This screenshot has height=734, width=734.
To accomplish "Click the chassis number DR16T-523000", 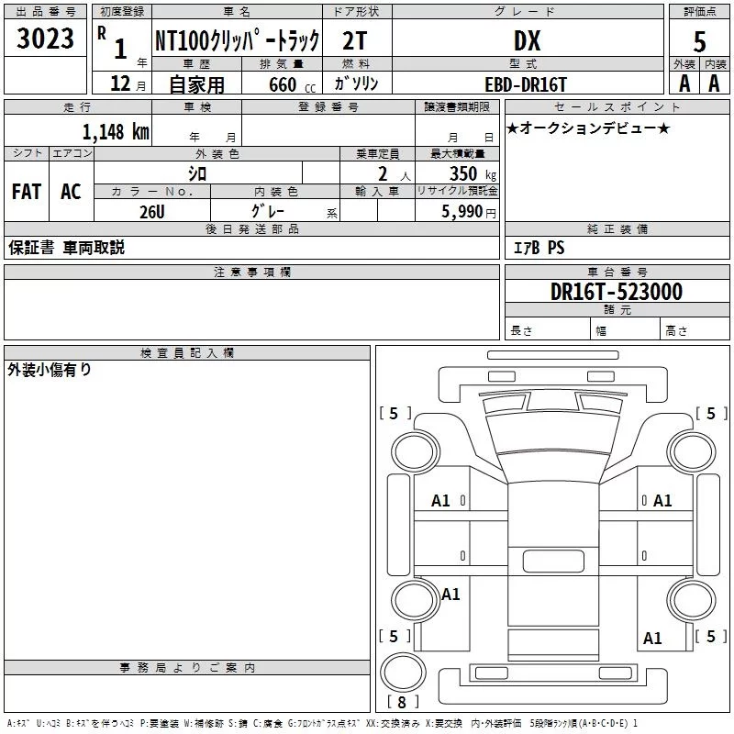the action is coord(616,292).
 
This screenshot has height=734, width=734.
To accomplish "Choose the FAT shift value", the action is coord(26,192).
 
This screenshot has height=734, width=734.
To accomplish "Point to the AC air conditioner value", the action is coord(71,192).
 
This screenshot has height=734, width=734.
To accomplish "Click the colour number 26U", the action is coord(151,211).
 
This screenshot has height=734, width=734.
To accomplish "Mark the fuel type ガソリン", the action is coord(356,83).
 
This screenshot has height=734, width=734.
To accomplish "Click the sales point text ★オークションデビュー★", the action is coord(587,128).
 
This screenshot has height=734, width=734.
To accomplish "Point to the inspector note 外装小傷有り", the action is coord(50,371).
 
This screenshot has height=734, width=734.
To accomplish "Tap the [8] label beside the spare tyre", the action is coord(401,703).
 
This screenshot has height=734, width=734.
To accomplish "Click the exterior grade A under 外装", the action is coord(684,83).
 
